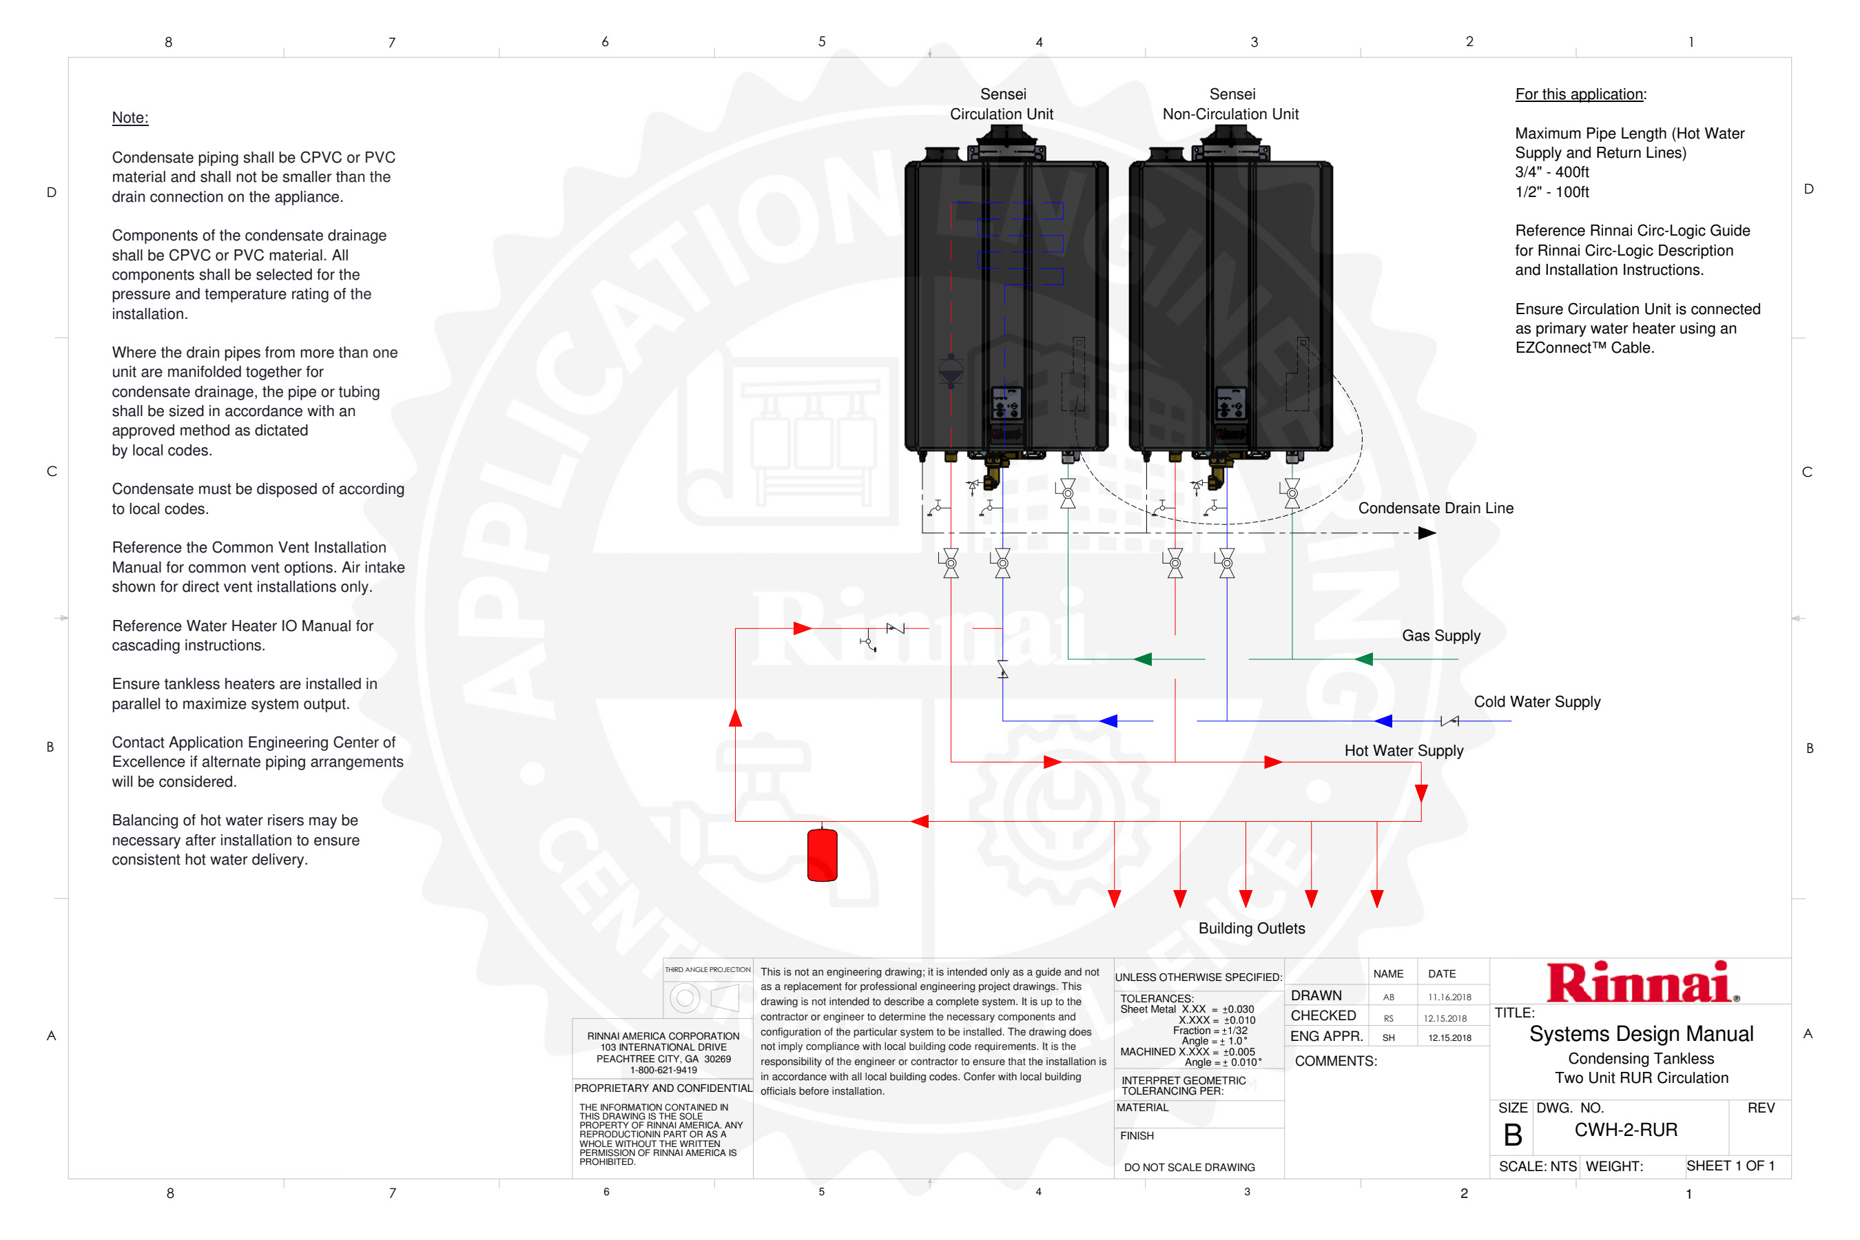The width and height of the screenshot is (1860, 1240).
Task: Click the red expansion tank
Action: click(x=822, y=854)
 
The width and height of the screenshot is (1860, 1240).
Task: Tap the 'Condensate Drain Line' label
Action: click(x=1436, y=508)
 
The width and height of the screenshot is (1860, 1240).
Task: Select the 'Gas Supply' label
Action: click(x=1441, y=636)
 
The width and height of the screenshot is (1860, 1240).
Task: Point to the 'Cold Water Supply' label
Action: click(x=1536, y=701)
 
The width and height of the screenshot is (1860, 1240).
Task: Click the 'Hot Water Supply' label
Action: click(x=1404, y=750)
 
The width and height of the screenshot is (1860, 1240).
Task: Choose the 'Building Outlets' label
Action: click(x=1251, y=929)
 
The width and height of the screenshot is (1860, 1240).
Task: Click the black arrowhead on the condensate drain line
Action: click(x=1427, y=533)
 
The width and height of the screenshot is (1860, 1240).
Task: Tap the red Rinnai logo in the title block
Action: click(x=1640, y=982)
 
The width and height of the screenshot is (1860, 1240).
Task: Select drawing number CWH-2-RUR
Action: click(x=1626, y=1130)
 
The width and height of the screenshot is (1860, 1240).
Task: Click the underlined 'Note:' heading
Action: click(x=130, y=118)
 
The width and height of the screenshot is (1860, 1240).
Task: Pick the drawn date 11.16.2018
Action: click(x=1449, y=998)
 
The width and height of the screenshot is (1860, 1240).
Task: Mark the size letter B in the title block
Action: click(x=1512, y=1135)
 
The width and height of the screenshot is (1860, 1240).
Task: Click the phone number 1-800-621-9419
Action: click(x=663, y=1070)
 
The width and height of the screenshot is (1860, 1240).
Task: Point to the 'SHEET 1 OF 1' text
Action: click(x=1730, y=1166)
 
